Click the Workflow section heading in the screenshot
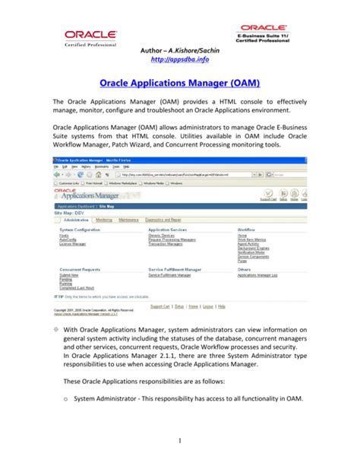(245, 229)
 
